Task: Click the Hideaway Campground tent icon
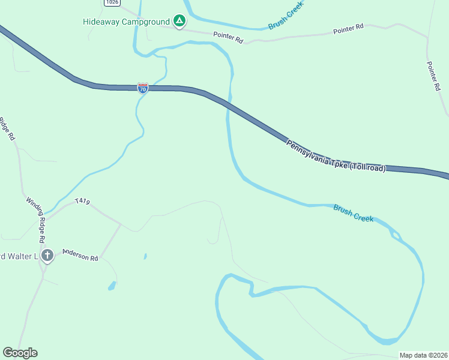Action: (x=179, y=22)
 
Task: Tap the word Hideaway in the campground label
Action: (x=100, y=22)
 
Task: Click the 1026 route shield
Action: (x=111, y=2)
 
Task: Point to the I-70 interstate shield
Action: (x=142, y=89)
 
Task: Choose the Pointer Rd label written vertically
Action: (x=434, y=76)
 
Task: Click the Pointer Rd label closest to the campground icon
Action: (x=228, y=38)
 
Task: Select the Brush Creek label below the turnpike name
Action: (x=354, y=212)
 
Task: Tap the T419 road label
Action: (x=82, y=202)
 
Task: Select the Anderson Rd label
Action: (x=80, y=255)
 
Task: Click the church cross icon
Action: (x=47, y=256)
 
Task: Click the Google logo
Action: (x=20, y=353)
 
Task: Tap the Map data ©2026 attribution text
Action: (x=423, y=355)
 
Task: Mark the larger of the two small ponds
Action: (x=112, y=286)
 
